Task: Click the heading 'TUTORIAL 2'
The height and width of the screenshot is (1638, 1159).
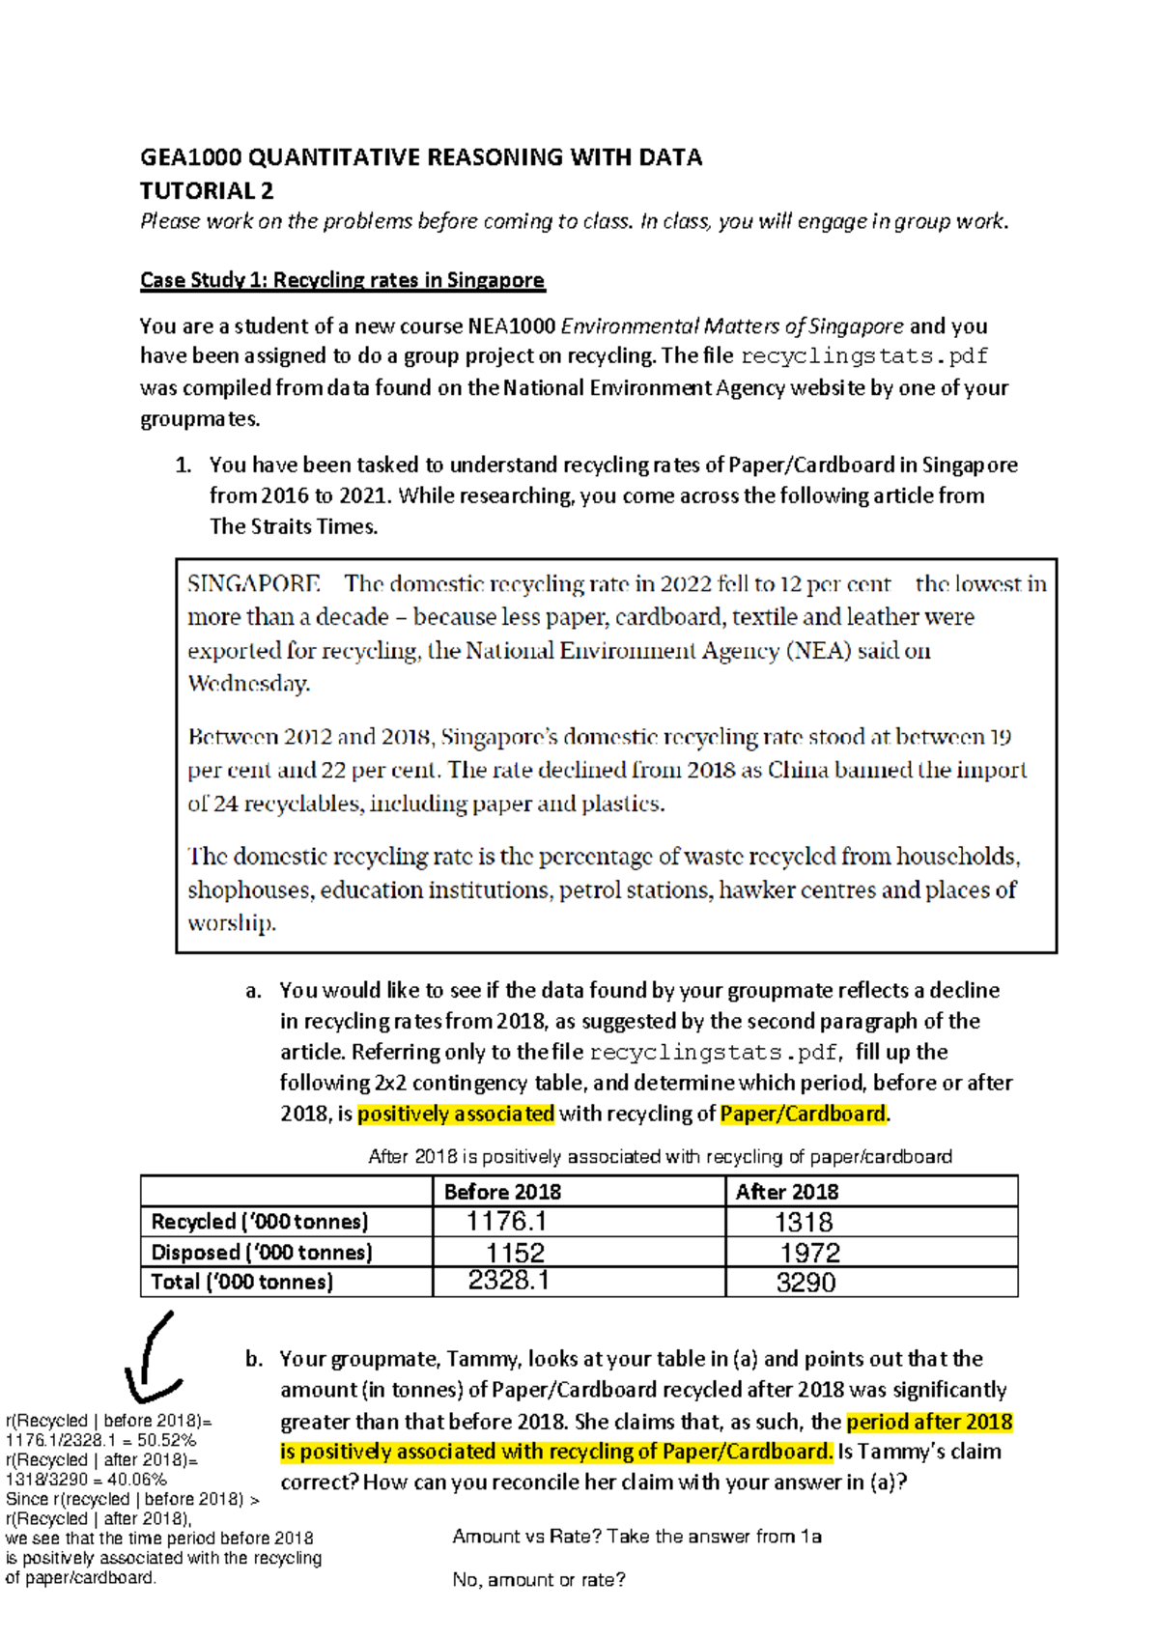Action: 207,190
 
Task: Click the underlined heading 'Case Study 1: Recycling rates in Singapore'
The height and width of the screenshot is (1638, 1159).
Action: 342,280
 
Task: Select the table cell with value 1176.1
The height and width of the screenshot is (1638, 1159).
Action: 506,1222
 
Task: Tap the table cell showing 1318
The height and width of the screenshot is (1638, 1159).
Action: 804,1223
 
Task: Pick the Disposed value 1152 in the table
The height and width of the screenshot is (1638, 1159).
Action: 515,1253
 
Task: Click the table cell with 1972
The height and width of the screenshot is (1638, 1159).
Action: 809,1253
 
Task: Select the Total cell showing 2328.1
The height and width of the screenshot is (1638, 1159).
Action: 508,1281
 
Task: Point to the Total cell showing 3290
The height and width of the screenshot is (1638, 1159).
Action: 806,1283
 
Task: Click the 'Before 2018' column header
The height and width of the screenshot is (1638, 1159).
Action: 502,1192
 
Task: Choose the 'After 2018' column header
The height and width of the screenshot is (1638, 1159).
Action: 787,1192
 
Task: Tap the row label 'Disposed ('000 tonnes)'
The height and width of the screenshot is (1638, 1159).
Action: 261,1253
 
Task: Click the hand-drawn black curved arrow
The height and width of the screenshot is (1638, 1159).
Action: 155,1357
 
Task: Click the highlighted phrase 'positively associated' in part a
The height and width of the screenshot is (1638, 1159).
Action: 456,1114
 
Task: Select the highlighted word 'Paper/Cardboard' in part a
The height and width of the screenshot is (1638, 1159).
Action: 803,1114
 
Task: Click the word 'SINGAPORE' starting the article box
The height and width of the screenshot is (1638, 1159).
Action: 253,584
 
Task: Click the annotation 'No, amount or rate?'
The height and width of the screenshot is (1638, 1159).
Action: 539,1580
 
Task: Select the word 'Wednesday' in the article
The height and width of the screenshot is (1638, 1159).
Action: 248,684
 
